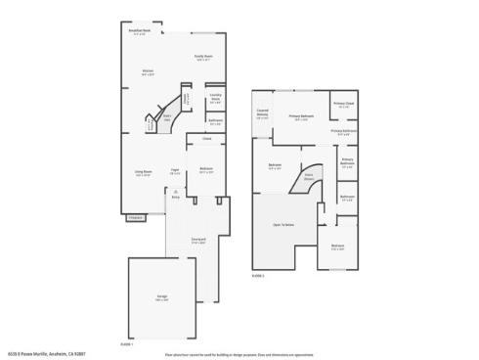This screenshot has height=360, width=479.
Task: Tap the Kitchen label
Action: tap(148, 71)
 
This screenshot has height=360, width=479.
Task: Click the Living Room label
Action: tap(143, 173)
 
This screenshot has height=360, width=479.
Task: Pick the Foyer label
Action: tap(174, 169)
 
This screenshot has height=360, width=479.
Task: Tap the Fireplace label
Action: tap(135, 217)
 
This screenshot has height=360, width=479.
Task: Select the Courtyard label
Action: tap(198, 240)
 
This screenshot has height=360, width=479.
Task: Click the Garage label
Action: tap(162, 298)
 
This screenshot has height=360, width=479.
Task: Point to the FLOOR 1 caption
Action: tap(126, 343)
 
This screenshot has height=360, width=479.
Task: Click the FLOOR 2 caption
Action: tap(259, 276)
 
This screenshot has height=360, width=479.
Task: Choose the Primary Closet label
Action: tap(343, 104)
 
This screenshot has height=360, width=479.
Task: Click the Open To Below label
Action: tap(283, 224)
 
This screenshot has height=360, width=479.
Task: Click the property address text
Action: tap(49, 353)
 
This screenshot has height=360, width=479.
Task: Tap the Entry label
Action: tap(176, 194)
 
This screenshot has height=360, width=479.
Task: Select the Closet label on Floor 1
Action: tap(205, 139)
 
